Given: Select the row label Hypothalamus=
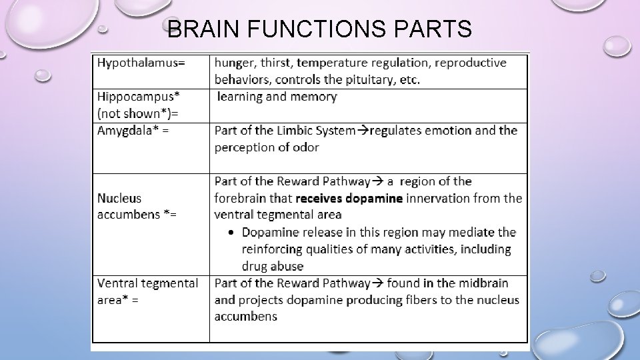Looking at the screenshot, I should click(x=141, y=63).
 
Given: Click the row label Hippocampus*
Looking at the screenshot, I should click(x=138, y=97).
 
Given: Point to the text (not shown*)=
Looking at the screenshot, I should click(x=133, y=113).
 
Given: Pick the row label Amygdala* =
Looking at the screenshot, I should click(x=133, y=131).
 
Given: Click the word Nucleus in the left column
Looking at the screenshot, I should click(x=119, y=198).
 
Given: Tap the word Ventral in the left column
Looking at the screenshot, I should click(x=119, y=283).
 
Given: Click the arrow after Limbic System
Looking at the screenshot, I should click(x=363, y=131).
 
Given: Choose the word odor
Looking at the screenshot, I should click(x=305, y=147).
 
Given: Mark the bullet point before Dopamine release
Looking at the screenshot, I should click(x=231, y=233).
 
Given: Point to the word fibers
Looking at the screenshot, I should click(x=427, y=300).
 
